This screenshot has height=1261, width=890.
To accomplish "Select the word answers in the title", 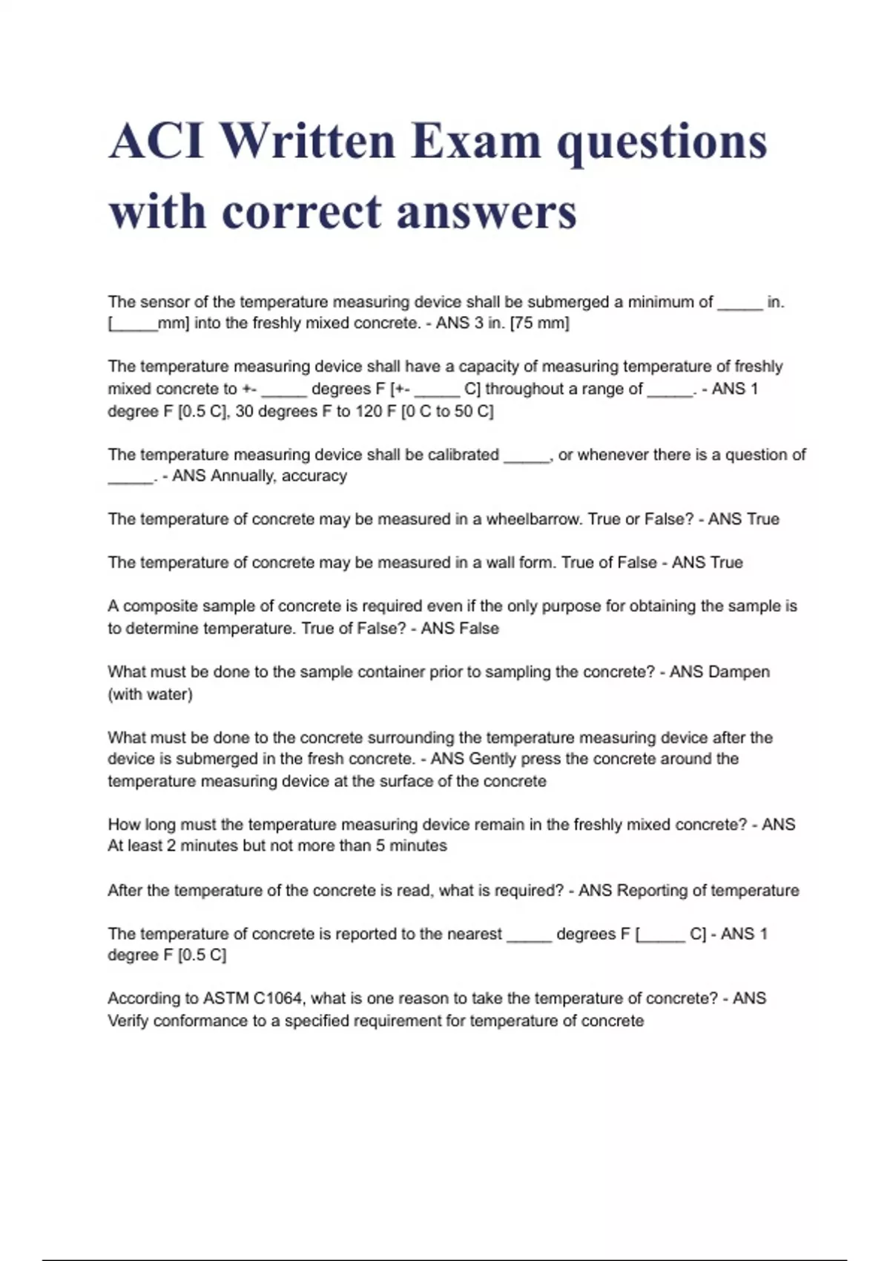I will [x=487, y=212].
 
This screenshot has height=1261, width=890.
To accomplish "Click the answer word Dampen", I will [x=739, y=672].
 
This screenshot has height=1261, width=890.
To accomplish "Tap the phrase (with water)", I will [x=151, y=694].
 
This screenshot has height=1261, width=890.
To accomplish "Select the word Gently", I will [x=492, y=759].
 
